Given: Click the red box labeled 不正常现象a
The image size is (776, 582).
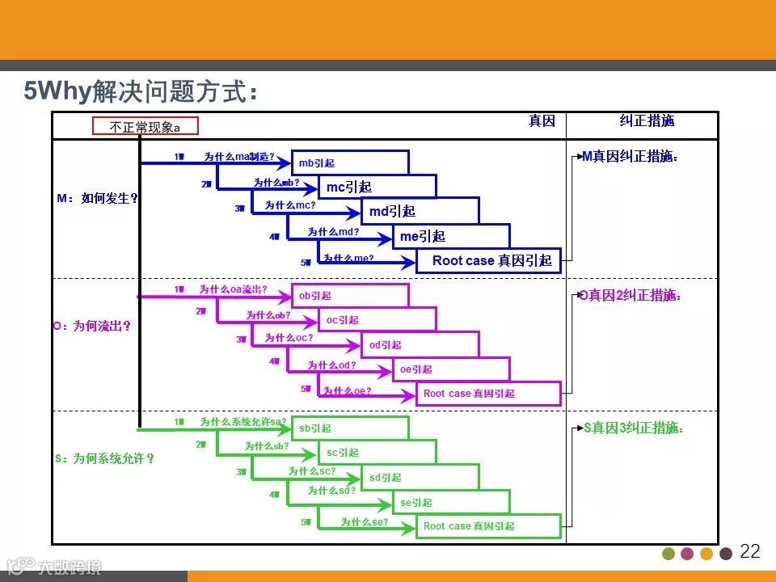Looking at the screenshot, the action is coord(145,127).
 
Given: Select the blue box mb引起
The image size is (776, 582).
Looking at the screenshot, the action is coord(350,162).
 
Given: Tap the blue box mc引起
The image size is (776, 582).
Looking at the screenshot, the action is coord(377,187).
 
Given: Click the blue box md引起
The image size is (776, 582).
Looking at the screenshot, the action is coord(420,212).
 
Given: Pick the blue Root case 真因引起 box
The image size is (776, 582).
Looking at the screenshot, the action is coord(488,261).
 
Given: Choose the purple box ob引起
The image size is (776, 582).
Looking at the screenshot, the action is coord(350,296).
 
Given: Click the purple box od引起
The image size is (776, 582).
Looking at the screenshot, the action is coord(420,345).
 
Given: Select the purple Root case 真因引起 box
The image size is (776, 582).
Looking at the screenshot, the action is coord(488,394).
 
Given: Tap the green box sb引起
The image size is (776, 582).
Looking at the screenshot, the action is coord(350,428).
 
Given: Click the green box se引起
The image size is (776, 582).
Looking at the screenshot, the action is coord(451,503).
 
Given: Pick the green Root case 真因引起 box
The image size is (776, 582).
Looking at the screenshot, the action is coord(488,526).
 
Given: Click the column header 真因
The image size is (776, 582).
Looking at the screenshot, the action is coord(542,121).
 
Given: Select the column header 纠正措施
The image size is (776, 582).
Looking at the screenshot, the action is coord(647,121).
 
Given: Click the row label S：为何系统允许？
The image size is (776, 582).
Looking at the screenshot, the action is coord(103,458).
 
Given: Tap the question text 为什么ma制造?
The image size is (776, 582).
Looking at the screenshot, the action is coord(239,156).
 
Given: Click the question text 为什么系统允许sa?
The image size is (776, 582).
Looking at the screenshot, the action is coord(243,421).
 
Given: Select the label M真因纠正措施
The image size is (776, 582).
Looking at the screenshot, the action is coord(630,157).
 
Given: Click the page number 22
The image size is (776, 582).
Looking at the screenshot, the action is coord(750,552).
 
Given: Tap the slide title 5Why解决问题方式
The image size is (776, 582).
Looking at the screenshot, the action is coord(141,91).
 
